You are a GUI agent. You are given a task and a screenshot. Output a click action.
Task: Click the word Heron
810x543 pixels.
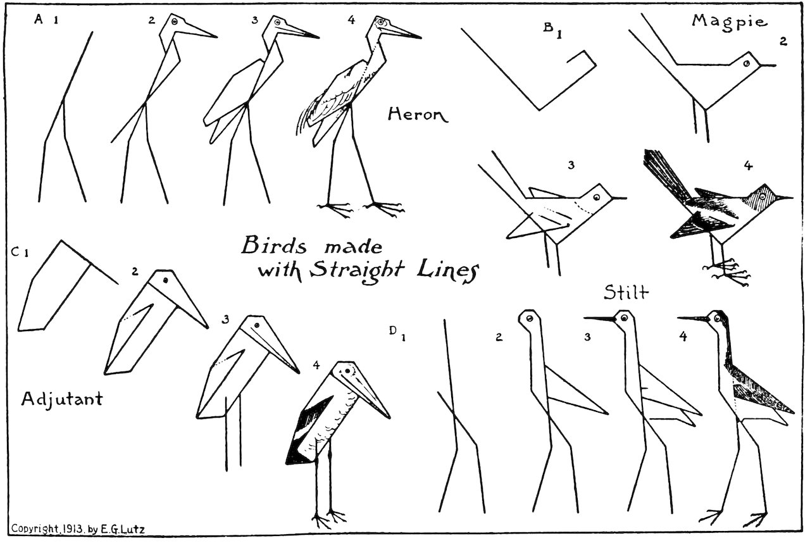tap(417, 115)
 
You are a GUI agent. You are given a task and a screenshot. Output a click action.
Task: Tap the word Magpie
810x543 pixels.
tap(729, 22)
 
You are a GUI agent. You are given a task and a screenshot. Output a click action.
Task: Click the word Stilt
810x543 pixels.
tap(626, 293)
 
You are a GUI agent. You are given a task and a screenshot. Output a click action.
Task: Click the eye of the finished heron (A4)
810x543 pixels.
tap(381, 23)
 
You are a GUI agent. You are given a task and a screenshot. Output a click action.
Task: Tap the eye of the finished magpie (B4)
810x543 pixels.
tap(764, 197)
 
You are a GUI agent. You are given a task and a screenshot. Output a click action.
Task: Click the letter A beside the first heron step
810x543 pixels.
tap(38, 20)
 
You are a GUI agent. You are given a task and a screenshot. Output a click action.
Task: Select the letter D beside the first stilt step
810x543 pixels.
tap(393, 330)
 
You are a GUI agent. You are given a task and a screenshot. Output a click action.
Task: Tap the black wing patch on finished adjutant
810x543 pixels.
tap(304, 430)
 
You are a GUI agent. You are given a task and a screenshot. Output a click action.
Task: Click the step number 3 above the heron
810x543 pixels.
tap(254, 20)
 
